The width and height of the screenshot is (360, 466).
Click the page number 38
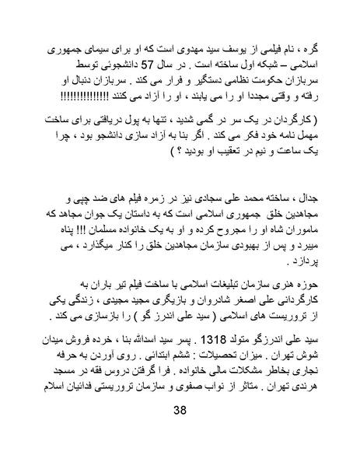click(180, 433)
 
